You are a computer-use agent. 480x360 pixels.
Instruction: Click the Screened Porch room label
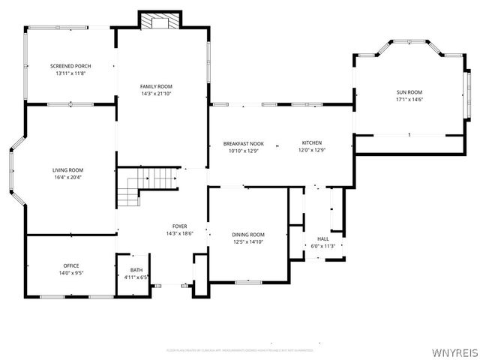click(x=70, y=66)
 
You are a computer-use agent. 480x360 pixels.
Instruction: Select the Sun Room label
click(x=409, y=92)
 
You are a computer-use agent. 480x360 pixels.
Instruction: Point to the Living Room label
click(x=67, y=170)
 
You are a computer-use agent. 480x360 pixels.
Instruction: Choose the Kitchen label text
click(x=312, y=142)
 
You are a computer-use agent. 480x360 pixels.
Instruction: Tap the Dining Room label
click(x=247, y=235)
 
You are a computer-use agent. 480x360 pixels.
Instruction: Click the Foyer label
click(x=179, y=226)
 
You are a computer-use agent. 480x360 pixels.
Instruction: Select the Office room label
click(x=71, y=265)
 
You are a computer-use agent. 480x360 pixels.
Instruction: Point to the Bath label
click(x=136, y=270)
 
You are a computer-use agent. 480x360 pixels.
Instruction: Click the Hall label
click(x=323, y=238)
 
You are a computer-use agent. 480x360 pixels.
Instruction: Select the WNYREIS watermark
click(x=454, y=352)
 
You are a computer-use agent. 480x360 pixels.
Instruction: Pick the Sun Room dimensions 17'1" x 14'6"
click(x=409, y=100)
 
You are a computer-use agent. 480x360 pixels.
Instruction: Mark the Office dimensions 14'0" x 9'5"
click(x=71, y=274)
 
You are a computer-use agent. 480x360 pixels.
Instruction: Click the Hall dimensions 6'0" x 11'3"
click(x=323, y=246)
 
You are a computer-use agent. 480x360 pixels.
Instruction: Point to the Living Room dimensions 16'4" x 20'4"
click(x=67, y=178)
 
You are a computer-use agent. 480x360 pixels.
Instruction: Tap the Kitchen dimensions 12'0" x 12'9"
click(x=312, y=150)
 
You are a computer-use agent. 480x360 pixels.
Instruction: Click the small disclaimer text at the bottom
click(x=240, y=349)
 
